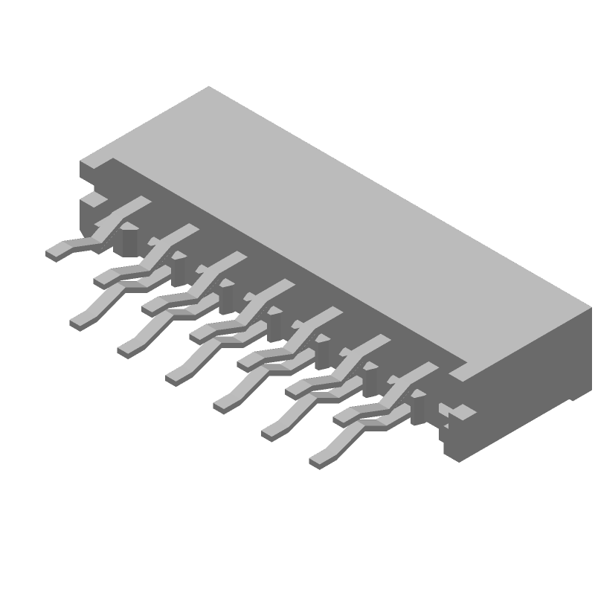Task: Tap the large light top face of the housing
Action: click(x=335, y=223)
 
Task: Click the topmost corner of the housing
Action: click(x=208, y=86)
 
